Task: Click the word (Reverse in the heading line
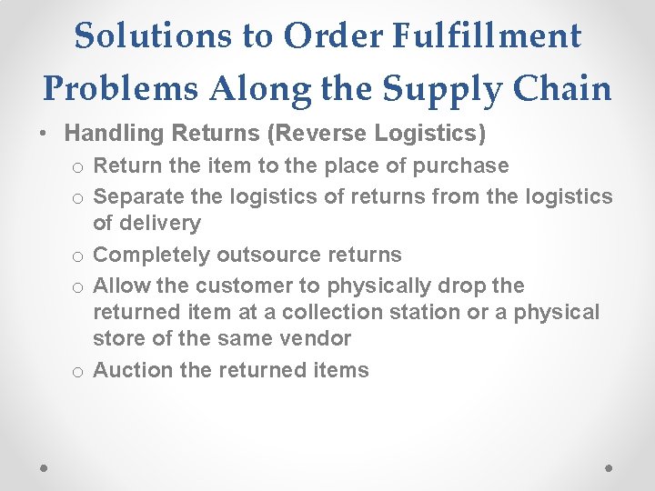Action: pyautogui.click(x=310, y=134)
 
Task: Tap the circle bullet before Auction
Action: pyautogui.click(x=79, y=372)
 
